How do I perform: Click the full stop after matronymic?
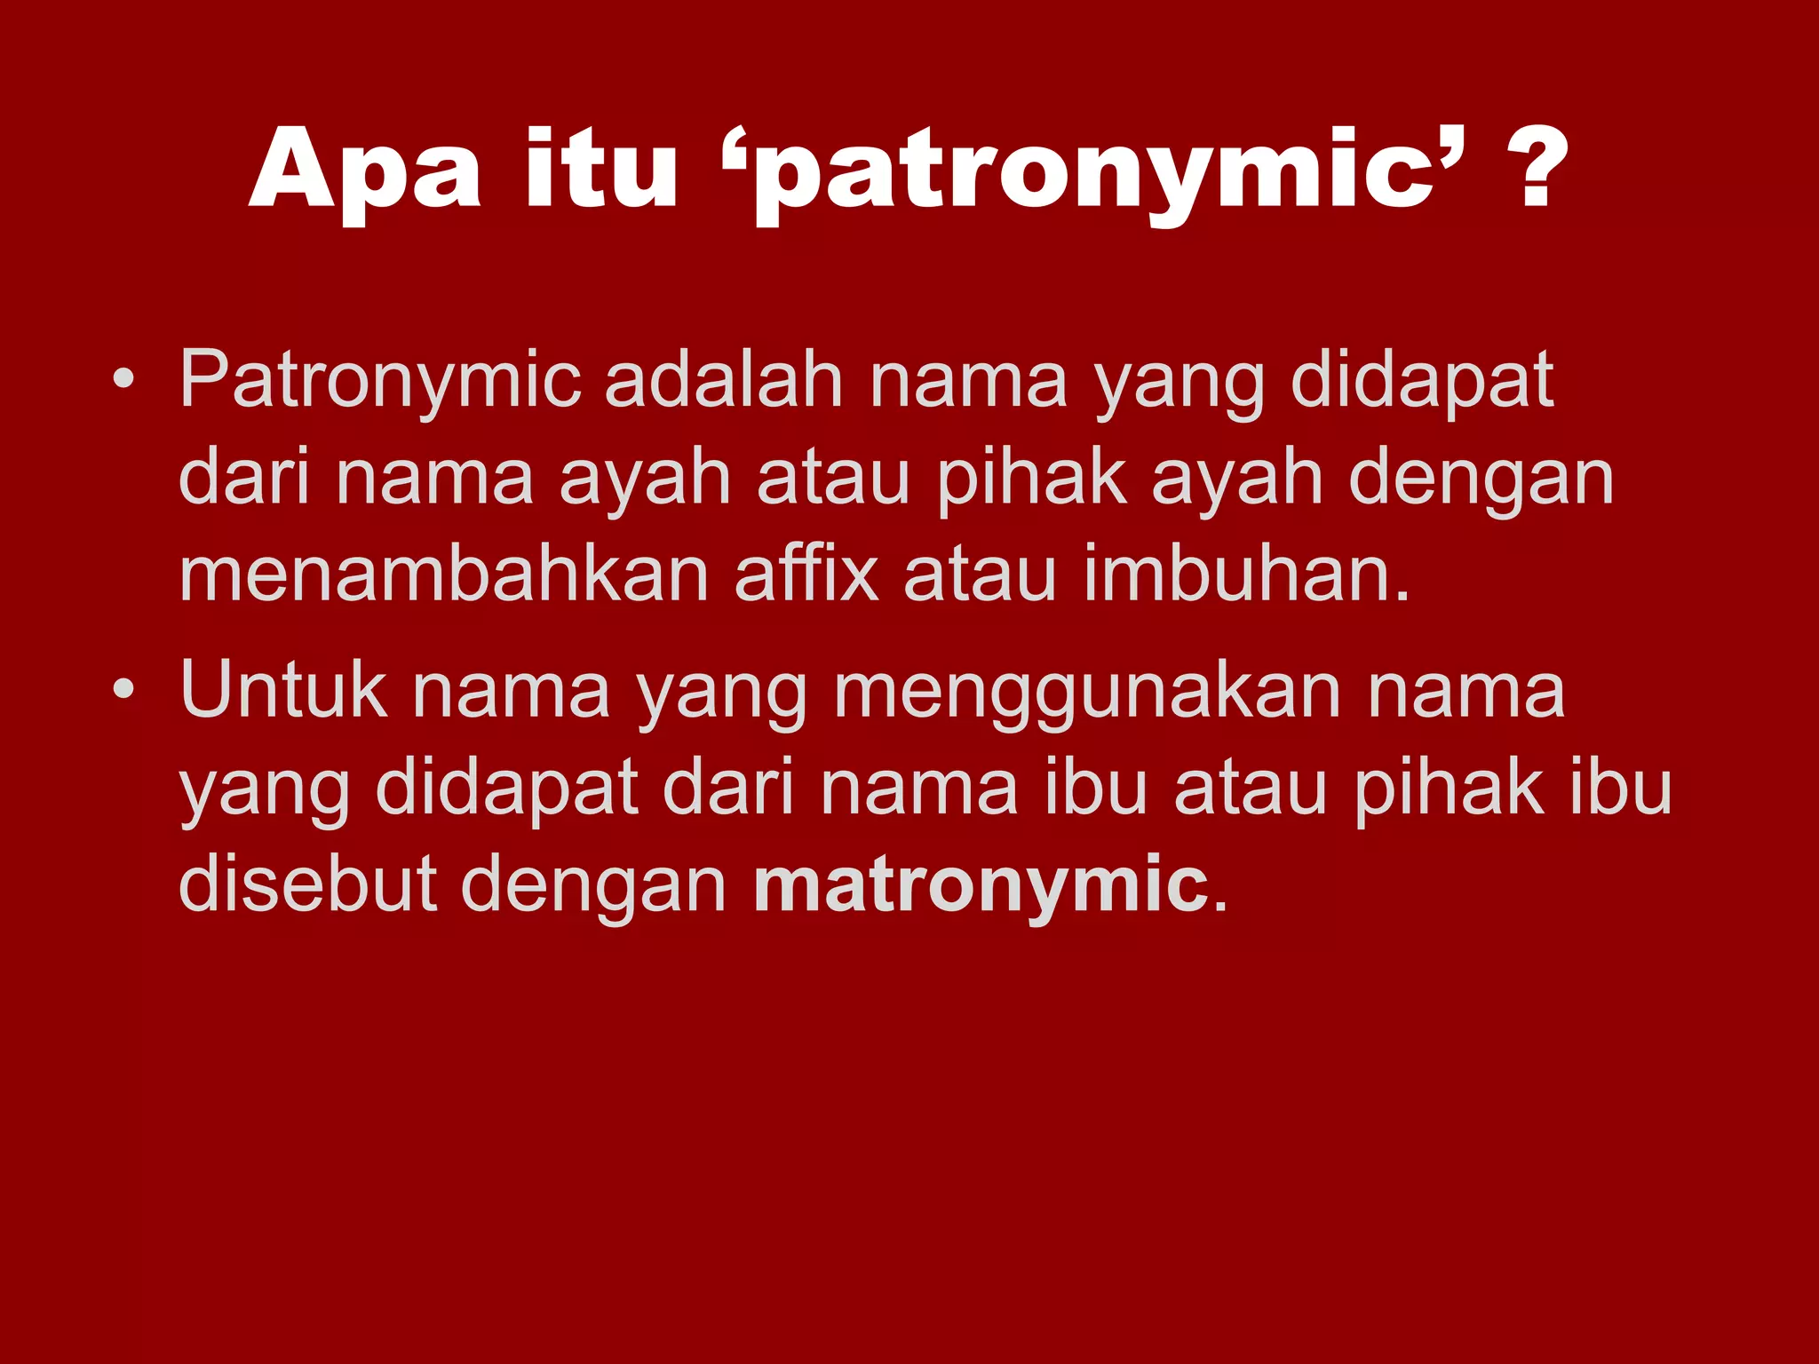coord(1220,906)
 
